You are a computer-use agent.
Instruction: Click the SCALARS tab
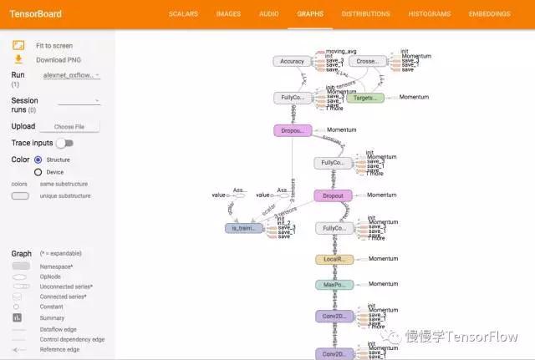184,14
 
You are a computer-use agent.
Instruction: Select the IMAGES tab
228,14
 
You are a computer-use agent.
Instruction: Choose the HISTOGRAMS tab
429,14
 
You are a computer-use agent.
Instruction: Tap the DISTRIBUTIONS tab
365,14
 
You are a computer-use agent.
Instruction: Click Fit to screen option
53,46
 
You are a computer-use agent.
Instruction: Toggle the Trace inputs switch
64,144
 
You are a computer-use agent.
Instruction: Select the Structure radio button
38,159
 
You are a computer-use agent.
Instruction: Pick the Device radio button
38,172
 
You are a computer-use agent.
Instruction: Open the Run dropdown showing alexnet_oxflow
71,75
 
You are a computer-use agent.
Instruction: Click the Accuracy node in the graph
292,61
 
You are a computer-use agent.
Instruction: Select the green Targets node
364,98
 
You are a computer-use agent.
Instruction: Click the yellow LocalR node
334,260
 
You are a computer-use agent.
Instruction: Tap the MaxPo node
334,285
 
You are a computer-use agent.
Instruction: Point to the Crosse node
367,61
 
